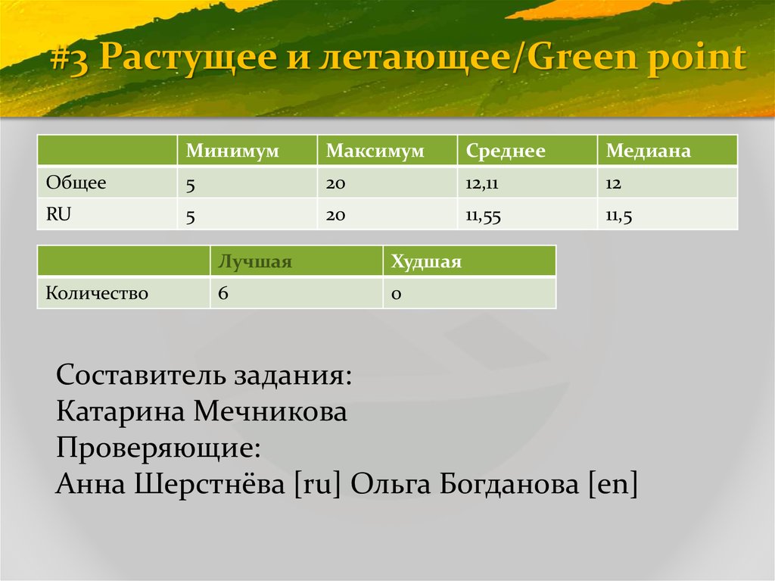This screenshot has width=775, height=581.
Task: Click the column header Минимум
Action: pyautogui.click(x=233, y=151)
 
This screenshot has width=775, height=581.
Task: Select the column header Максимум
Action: pyautogui.click(x=375, y=151)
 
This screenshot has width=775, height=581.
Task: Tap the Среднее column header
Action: pyautogui.click(x=506, y=151)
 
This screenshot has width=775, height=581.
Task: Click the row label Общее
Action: pyautogui.click(x=76, y=183)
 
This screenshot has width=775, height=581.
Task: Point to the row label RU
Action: pyautogui.click(x=58, y=214)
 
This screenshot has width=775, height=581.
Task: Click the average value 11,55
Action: pyautogui.click(x=483, y=215)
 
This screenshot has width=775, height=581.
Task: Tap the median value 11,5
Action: pyautogui.click(x=618, y=215)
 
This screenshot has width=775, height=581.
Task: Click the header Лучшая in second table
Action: pyautogui.click(x=254, y=261)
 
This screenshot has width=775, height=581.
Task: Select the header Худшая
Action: pyautogui.click(x=425, y=261)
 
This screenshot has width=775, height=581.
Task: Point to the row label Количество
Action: pyautogui.click(x=97, y=293)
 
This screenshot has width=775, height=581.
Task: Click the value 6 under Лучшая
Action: pyautogui.click(x=223, y=293)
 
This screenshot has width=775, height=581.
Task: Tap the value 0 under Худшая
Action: pyautogui.click(x=395, y=293)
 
